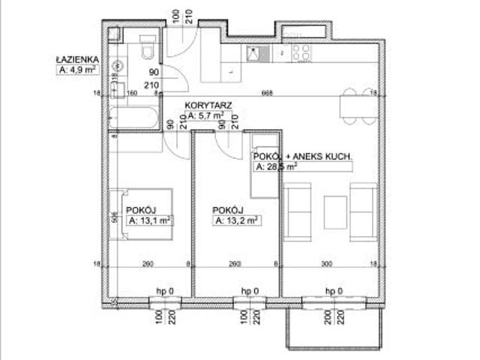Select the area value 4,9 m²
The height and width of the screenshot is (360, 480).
(78, 70)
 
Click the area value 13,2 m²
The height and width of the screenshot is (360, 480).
(236, 220)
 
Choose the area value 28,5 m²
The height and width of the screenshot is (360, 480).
(276, 167)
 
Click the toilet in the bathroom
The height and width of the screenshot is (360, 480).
(147, 46)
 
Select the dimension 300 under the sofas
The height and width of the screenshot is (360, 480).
(327, 263)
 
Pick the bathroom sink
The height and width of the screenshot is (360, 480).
(118, 89)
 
